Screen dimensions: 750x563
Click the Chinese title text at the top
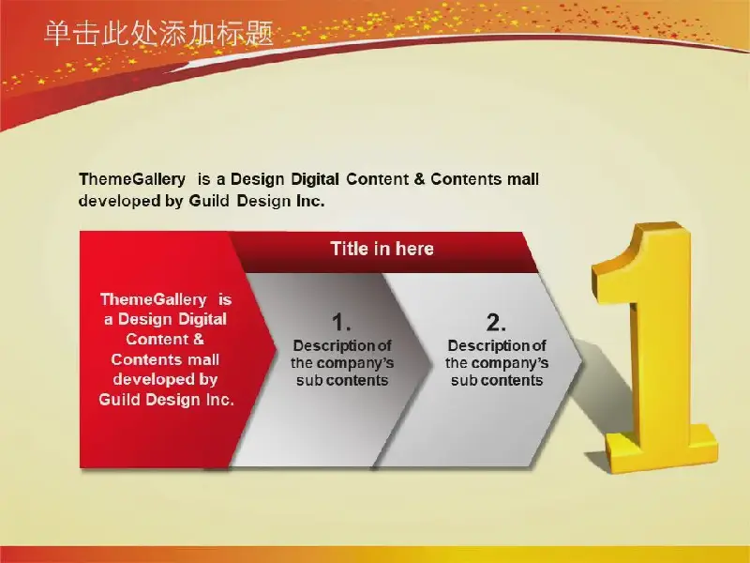(x=158, y=33)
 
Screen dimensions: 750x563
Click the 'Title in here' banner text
(x=382, y=249)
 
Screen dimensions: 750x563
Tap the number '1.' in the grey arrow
(x=341, y=322)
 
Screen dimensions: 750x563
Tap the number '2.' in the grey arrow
(x=496, y=322)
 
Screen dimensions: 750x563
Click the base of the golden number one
(x=663, y=450)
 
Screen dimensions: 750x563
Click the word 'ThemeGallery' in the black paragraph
(x=132, y=179)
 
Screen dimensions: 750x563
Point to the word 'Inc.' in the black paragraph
(x=310, y=201)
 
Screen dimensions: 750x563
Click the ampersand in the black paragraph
(x=419, y=179)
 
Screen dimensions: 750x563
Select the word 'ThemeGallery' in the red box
(x=154, y=299)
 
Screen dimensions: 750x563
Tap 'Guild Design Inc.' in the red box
(x=167, y=400)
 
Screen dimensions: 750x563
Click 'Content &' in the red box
(x=165, y=340)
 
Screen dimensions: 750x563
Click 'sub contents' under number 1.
(x=342, y=381)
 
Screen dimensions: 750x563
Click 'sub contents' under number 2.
(x=497, y=381)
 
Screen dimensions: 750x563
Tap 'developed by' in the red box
(x=166, y=379)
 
